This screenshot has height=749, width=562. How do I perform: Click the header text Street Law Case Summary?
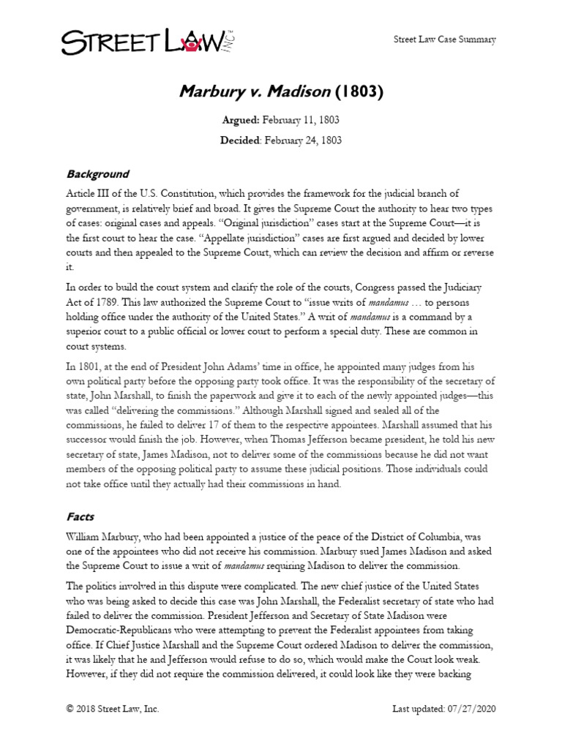[x=446, y=39]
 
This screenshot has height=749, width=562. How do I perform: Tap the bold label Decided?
[x=241, y=139]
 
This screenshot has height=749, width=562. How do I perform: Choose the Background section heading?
[x=97, y=174]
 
